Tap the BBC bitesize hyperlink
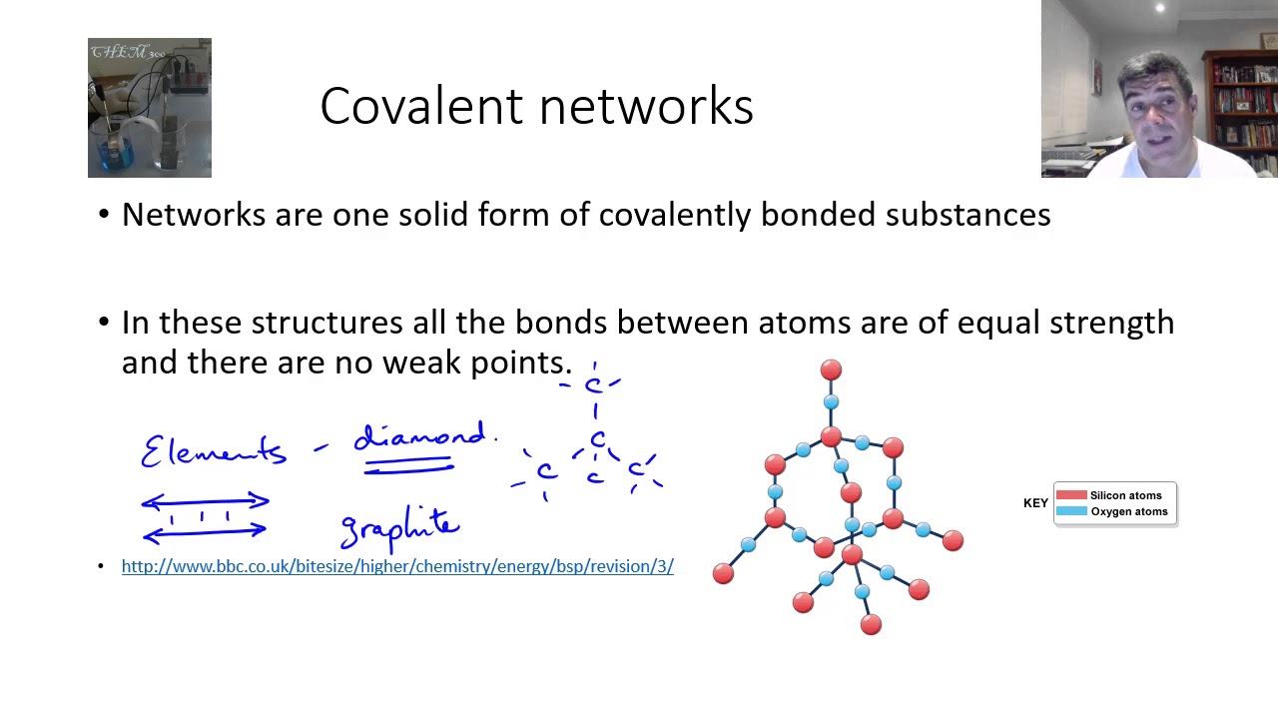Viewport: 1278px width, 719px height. tap(397, 566)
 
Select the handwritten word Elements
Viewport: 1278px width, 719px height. tap(214, 451)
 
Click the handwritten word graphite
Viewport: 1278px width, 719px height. tap(399, 527)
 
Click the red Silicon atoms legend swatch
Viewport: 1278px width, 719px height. tap(1071, 495)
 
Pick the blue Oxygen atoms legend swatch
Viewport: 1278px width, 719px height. tap(1071, 511)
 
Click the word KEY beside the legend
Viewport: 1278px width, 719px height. tap(1035, 503)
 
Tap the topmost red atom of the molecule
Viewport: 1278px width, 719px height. tap(831, 370)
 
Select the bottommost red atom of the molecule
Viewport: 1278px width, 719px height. tap(871, 625)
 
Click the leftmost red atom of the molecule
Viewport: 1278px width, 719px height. tap(723, 574)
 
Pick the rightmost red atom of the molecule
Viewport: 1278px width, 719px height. tap(953, 540)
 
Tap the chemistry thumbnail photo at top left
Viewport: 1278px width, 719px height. tap(150, 108)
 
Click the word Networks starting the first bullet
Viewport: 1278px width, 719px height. tap(195, 215)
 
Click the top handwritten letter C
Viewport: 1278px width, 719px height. tap(594, 385)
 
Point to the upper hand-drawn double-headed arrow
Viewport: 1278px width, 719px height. tap(205, 501)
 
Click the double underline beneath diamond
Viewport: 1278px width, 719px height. tap(408, 466)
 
